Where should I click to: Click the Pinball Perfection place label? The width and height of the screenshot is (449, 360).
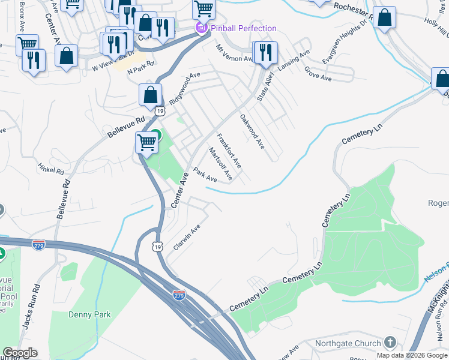[x=243, y=28]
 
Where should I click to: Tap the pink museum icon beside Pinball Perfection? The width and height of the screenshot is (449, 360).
[x=201, y=28]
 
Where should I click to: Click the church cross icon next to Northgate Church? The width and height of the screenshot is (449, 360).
[x=390, y=343]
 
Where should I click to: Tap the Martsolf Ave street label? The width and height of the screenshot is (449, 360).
[x=220, y=163]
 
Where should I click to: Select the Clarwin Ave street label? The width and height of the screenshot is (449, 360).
[x=186, y=238]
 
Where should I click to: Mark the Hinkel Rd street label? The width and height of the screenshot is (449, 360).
[x=50, y=171]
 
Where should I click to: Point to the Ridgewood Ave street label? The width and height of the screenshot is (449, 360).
[x=184, y=89]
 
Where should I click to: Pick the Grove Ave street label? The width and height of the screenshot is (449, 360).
[x=318, y=74]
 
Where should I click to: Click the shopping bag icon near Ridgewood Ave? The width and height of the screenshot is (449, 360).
[x=149, y=94]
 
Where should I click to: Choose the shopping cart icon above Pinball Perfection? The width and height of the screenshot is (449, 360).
[x=203, y=9]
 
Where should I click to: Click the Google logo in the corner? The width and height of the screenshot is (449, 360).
[x=20, y=353]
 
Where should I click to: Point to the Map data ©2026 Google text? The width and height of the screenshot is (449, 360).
[x=412, y=355]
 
